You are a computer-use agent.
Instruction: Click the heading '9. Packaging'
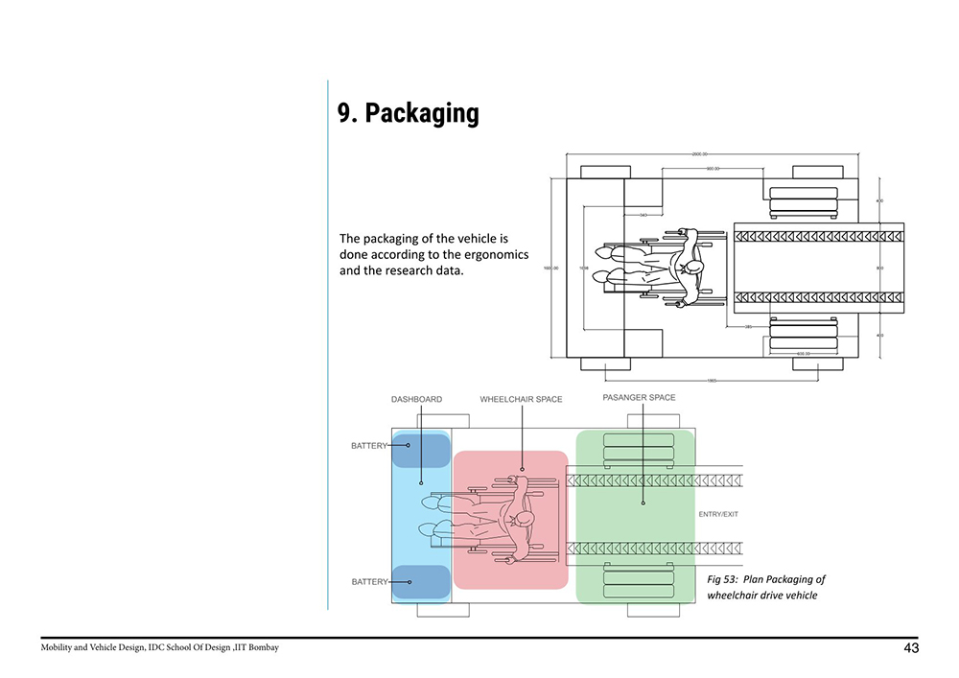pos(408,113)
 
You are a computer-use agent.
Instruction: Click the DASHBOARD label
pos(416,399)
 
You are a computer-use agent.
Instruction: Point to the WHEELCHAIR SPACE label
pos(521,399)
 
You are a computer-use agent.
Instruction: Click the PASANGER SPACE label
pos(639,397)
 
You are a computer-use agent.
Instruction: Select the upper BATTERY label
pos(369,446)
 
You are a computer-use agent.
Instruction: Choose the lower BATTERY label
pos(369,582)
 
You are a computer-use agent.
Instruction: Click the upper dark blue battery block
pos(421,449)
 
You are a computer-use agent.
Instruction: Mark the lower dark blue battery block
pos(421,582)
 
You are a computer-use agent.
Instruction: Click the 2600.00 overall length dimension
pos(698,153)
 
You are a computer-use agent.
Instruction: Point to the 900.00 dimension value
pos(713,168)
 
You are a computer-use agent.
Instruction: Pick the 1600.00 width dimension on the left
pos(550,268)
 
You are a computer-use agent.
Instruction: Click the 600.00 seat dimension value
pos(806,354)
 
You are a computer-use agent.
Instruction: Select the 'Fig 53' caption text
pos(721,579)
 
